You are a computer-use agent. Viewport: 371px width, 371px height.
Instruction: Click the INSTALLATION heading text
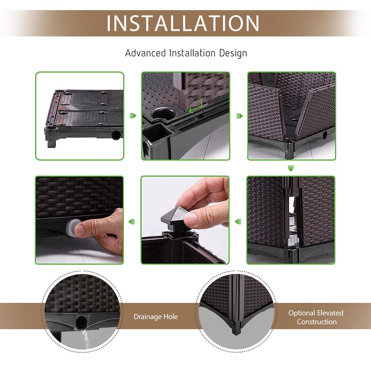point(183,23)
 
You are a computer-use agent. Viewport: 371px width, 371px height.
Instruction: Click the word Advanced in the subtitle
point(145,53)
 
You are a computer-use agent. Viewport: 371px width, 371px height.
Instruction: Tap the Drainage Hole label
point(155,317)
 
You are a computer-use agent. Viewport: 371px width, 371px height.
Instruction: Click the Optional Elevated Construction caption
point(316,317)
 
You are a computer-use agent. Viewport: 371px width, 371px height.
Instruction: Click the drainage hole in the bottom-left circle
point(81,321)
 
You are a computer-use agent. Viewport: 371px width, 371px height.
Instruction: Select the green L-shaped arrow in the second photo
point(196,107)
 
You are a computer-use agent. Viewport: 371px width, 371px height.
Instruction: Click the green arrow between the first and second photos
point(133,116)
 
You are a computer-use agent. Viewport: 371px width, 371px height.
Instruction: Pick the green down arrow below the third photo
point(291,168)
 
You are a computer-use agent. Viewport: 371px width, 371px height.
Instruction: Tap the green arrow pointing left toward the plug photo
point(132,222)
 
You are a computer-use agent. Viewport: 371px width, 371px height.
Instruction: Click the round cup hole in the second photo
point(164,114)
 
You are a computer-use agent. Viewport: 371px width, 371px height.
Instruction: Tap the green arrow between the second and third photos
point(239,116)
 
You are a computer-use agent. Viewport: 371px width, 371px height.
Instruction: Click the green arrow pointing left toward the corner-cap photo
point(238,222)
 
